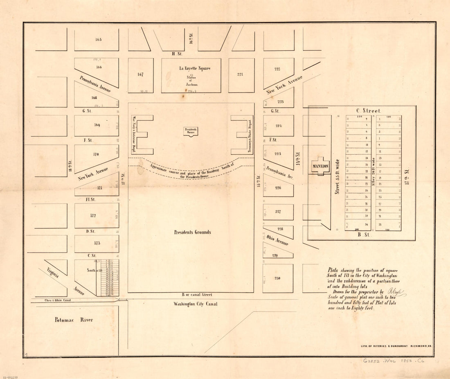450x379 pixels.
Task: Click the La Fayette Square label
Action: (195, 68)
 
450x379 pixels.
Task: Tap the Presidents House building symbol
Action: (191, 131)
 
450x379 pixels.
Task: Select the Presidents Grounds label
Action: (192, 232)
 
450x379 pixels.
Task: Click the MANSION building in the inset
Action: (321, 166)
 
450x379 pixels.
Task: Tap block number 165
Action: (98, 40)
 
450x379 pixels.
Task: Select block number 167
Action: (140, 74)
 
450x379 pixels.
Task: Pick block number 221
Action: (240, 74)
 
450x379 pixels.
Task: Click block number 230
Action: (277, 278)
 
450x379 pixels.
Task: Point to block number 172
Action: (93, 215)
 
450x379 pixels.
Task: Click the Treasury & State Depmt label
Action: (249, 136)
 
